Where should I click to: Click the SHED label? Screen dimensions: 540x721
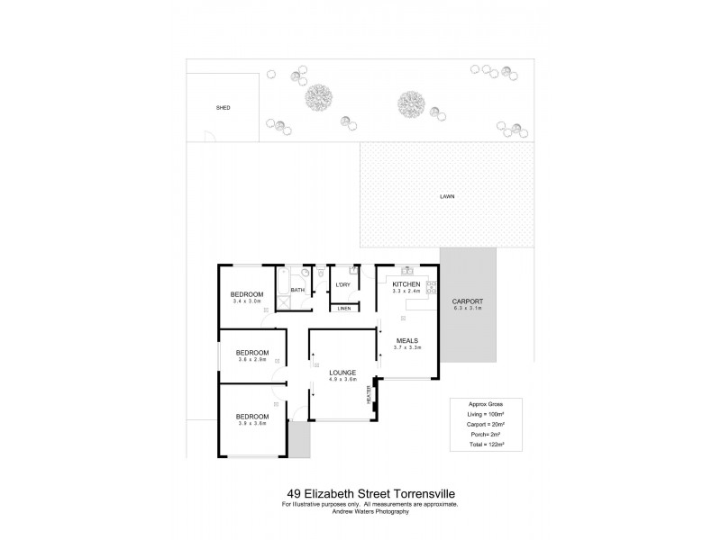pos(223,108)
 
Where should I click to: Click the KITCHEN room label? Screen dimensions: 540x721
pos(407,284)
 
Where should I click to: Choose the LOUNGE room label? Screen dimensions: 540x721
pos(342,373)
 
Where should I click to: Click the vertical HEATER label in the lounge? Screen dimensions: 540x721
pos(370,395)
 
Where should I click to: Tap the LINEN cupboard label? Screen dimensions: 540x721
pos(343,309)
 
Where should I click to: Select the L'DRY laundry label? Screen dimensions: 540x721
pos(342,285)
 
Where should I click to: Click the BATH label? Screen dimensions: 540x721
pos(297,290)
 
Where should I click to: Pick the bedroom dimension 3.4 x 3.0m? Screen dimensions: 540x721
pos(246,301)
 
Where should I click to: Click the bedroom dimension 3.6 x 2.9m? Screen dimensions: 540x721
pos(252,360)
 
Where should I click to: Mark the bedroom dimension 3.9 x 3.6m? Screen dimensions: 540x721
pos(252,424)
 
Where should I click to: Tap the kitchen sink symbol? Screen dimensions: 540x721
pos(407,270)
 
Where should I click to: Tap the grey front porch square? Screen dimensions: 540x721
pos(298,440)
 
